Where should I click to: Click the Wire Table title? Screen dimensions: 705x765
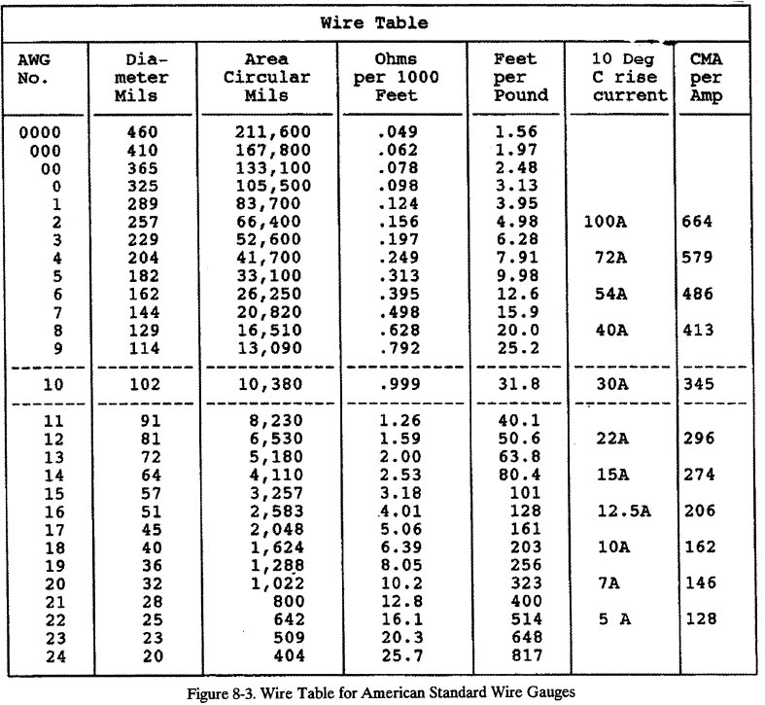tap(382, 20)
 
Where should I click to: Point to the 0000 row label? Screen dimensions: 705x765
tap(38, 131)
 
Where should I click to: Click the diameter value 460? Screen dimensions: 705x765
tap(143, 131)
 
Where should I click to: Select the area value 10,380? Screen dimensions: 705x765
tap(273, 384)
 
